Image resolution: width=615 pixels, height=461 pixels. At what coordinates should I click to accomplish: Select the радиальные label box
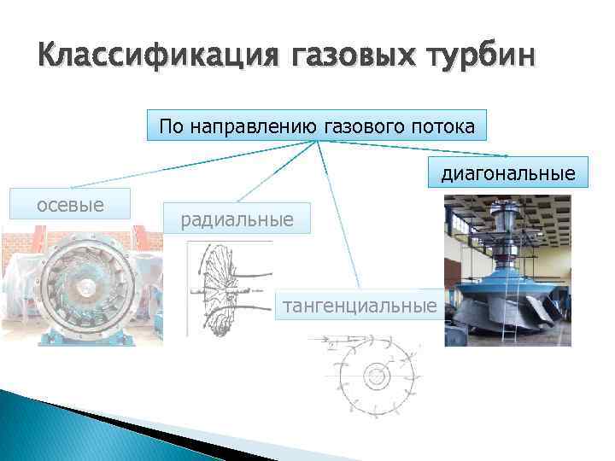pyautogui.click(x=237, y=220)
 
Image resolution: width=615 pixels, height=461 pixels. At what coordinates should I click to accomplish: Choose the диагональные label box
pyautogui.click(x=507, y=174)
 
